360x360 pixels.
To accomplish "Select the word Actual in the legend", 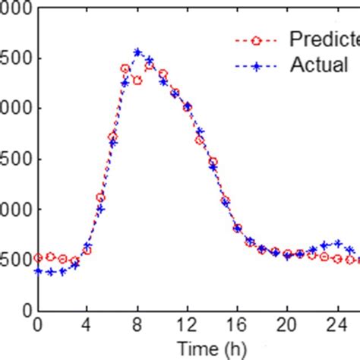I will (x=319, y=65).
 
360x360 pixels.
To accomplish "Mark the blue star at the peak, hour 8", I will (x=137, y=52).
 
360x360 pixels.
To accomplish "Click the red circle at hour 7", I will (x=125, y=68).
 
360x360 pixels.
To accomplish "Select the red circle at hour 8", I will (x=137, y=80).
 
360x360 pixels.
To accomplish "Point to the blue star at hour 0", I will (x=37, y=270).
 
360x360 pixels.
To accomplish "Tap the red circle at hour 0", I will (x=37, y=257).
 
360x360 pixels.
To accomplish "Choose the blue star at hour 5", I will (x=100, y=208).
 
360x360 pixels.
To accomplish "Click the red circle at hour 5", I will (x=100, y=197).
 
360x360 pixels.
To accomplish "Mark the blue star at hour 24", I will (x=337, y=243).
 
